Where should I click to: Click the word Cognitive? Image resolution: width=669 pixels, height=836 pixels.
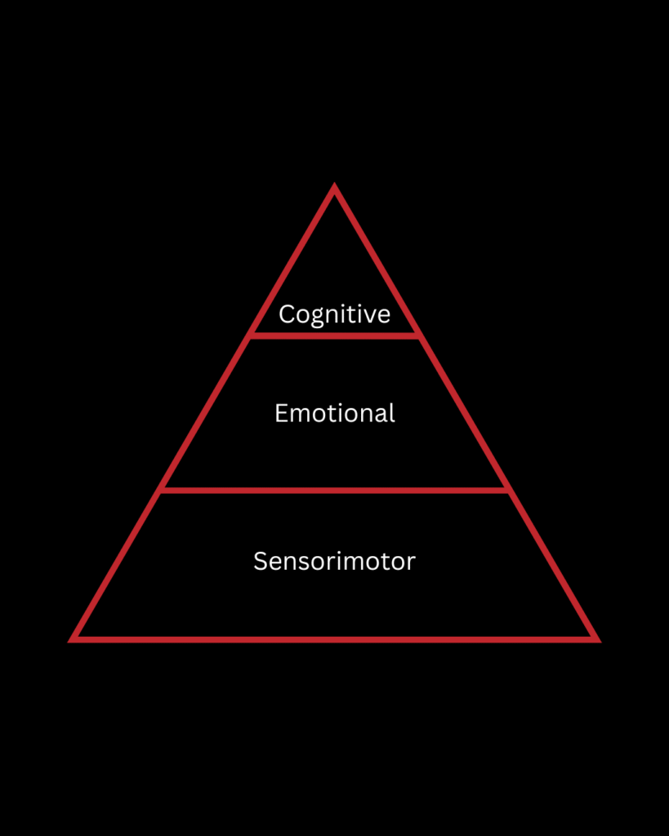pos(334,314)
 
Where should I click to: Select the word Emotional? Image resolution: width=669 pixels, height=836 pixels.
pos(334,413)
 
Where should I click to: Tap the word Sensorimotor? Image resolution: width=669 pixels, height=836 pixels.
pos(334,561)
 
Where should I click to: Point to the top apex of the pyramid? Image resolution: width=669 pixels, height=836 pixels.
pos(334,188)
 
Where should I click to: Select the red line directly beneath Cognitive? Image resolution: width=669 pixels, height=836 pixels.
pos(334,335)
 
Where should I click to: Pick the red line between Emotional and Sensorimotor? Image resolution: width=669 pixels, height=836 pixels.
pos(334,490)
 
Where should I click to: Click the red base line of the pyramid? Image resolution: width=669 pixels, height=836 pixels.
pos(334,638)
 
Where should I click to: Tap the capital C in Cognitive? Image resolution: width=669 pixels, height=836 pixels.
pos(286,314)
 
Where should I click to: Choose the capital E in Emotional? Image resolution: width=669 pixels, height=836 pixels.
pos(281,413)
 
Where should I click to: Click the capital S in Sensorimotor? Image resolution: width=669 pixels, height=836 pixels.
pos(260,561)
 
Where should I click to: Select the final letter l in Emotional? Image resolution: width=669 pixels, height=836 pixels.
pos(391,413)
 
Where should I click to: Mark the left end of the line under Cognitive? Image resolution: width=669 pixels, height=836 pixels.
pos(251,335)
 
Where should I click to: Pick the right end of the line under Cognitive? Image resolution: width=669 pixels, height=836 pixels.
pos(419,335)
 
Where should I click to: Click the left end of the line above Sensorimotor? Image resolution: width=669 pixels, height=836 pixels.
pos(161,490)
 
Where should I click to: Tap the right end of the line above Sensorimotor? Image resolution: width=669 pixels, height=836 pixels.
pos(508,490)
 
